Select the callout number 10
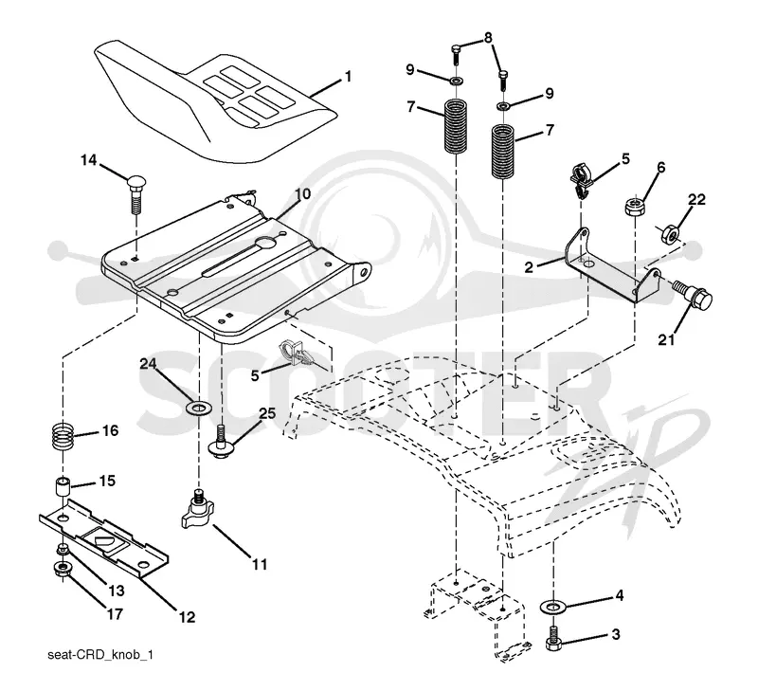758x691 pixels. [x=302, y=194]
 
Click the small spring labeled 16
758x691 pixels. [x=63, y=436]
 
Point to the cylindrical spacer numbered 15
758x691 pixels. [x=63, y=487]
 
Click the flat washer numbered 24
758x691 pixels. [x=198, y=409]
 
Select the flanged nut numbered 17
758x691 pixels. [x=62, y=567]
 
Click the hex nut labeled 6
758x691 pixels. [x=634, y=207]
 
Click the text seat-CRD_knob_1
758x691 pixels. [x=100, y=655]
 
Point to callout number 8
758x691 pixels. [x=488, y=37]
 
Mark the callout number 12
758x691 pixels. [x=187, y=617]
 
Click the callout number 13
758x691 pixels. [x=116, y=591]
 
